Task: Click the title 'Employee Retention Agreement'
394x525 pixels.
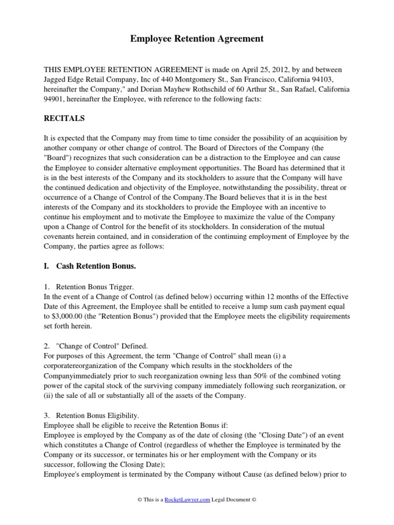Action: pos(196,38)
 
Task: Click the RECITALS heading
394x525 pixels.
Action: pos(64,119)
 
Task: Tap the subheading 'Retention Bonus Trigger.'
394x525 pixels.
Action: pos(95,287)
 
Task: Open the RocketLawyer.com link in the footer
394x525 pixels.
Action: pos(187,500)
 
